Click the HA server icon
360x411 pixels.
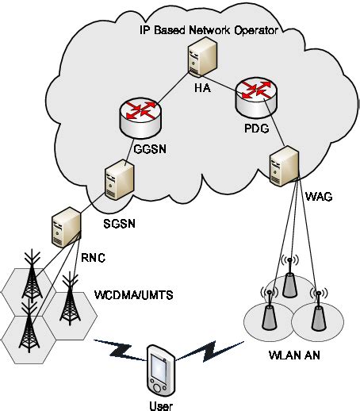click(x=198, y=63)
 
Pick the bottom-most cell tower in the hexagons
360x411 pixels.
click(x=31, y=332)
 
